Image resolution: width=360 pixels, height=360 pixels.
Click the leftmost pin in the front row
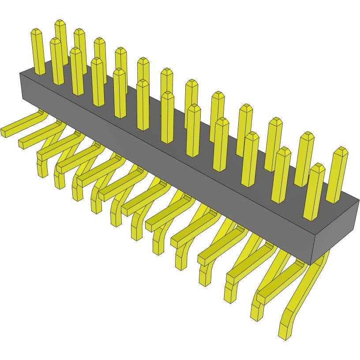(x=56, y=62)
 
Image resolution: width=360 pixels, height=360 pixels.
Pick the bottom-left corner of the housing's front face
(x=22, y=97)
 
